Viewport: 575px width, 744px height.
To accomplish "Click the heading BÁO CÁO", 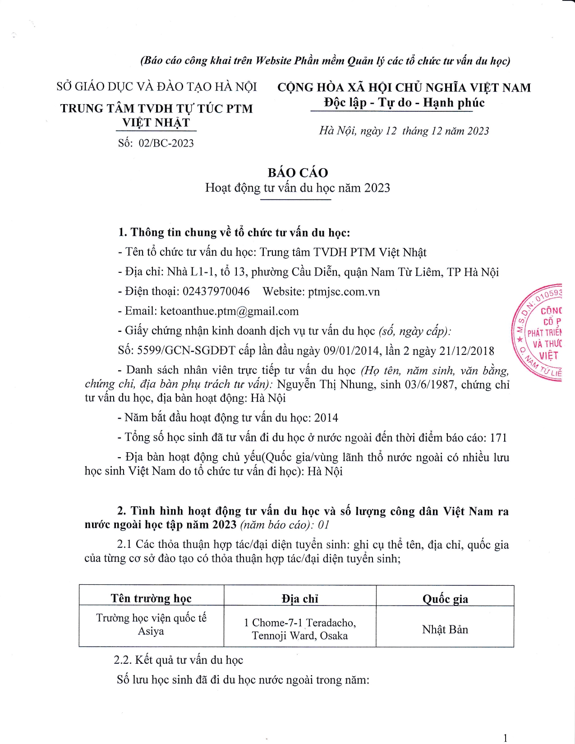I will point(298,173).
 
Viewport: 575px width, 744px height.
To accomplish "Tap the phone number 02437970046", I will point(216,292).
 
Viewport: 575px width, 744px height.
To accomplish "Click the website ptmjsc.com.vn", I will point(344,292).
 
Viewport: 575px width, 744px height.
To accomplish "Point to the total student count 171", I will point(498,437).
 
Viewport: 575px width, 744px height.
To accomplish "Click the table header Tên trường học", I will point(151,598).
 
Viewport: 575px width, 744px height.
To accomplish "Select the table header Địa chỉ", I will point(300,598).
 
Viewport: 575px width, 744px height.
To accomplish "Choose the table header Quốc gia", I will point(445,598).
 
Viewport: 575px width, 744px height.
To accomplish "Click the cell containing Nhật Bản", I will point(445,629).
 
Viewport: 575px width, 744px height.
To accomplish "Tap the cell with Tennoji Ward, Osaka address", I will point(300,629).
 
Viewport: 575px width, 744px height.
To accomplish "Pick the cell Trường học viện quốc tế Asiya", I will point(151,625).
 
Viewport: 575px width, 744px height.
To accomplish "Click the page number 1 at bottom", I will point(505,738).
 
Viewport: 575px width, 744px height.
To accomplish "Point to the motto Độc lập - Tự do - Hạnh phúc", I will point(404,103).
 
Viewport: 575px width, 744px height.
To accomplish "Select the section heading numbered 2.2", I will point(178,660).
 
